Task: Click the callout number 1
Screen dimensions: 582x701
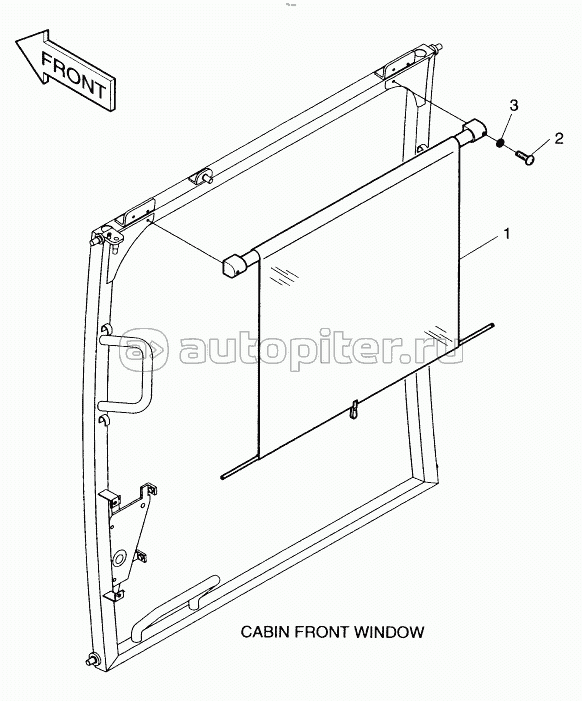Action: pos(506,234)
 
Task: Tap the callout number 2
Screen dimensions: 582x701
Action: pos(558,139)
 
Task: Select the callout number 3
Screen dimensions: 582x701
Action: pos(514,106)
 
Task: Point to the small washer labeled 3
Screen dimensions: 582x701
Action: pos(501,143)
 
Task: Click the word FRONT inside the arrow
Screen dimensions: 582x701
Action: pos(74,76)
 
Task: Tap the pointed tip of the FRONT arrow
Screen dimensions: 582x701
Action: pos(17,42)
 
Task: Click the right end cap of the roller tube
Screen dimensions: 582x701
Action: pos(473,132)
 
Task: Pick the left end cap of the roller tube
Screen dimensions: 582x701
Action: pos(235,265)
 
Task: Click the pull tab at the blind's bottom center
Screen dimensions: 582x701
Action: pos(354,410)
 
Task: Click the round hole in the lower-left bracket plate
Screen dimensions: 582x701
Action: pos(120,558)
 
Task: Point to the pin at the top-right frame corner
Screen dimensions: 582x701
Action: pos(438,46)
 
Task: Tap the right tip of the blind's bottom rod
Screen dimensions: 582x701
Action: pos(493,325)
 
